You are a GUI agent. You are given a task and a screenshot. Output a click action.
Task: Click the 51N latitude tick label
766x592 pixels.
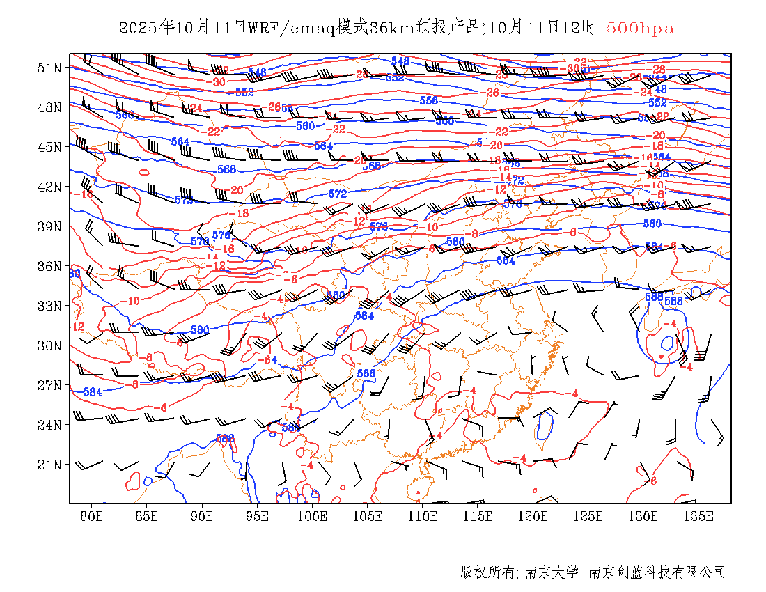pyautogui.click(x=49, y=68)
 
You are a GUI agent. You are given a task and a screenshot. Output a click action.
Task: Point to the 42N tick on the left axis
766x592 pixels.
pyautogui.click(x=49, y=187)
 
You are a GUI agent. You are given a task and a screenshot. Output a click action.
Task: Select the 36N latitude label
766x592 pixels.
pyautogui.click(x=49, y=266)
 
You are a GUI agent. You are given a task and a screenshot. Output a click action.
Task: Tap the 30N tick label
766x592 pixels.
pyautogui.click(x=49, y=345)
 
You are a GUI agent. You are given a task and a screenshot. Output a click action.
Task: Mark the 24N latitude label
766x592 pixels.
pyautogui.click(x=49, y=424)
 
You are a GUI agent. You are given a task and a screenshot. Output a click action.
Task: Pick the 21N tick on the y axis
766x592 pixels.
pyautogui.click(x=49, y=464)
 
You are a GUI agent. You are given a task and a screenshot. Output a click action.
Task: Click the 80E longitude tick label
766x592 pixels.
pyautogui.click(x=92, y=516)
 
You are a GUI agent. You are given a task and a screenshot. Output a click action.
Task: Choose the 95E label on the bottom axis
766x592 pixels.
pyautogui.click(x=258, y=516)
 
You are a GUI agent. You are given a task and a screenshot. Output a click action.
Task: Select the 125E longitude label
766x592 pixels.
pyautogui.click(x=588, y=516)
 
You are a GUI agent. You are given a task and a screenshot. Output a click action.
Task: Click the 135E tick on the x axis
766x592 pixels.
pyautogui.click(x=698, y=516)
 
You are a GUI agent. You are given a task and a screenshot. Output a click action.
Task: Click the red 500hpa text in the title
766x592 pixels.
pyautogui.click(x=640, y=28)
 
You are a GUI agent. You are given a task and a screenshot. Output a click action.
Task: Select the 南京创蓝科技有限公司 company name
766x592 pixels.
pyautogui.click(x=657, y=572)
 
